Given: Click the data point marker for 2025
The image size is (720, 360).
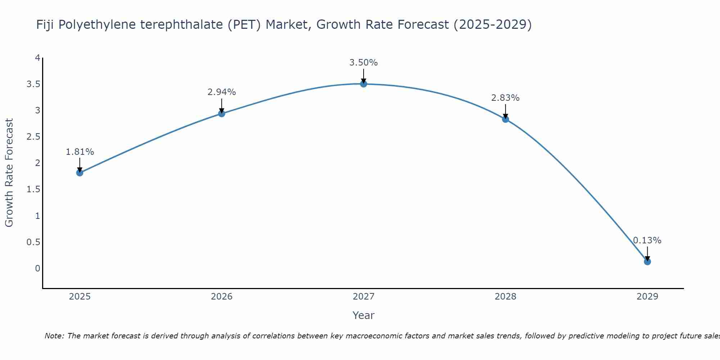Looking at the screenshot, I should coord(80,173).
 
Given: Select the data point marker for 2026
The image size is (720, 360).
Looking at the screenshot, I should coord(222,113).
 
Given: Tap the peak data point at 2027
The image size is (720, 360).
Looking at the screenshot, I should coord(364,84).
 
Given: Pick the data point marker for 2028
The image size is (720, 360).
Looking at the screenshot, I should coord(505,119).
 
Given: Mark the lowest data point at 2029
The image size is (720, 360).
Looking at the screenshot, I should coord(647,261).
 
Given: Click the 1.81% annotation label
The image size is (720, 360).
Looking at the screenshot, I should coord(80,152).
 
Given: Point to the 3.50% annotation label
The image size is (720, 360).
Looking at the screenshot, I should coord(364,63).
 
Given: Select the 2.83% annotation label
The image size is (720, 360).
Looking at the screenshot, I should coord(505,98).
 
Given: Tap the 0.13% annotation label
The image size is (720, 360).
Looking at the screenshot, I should coord(647,240).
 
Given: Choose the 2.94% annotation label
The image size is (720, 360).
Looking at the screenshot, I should coord(222,92).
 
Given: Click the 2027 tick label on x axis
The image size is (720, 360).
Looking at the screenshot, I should coord(364,297).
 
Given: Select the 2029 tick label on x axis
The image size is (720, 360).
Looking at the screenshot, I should coord(647,297).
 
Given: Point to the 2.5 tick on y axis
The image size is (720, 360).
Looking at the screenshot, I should coord(33,137).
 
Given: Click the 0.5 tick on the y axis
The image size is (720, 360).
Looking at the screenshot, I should coord(33,242).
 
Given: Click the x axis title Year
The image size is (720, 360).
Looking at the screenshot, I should coord(364,315).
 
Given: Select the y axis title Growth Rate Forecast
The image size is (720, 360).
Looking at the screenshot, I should coord(9,173).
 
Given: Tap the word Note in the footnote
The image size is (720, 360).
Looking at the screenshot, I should coord(54,336).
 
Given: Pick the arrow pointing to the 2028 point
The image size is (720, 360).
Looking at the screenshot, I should coord(505,112).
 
